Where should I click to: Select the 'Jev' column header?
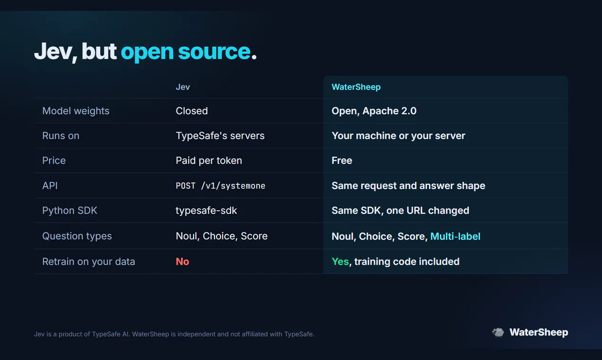tap(183, 87)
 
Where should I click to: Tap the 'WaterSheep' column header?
tap(356, 87)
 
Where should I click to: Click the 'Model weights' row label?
tap(76, 111)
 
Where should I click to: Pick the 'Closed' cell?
tap(192, 111)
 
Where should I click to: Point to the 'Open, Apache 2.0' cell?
tap(374, 111)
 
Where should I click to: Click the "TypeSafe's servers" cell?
tap(220, 135)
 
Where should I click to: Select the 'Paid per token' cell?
tap(209, 161)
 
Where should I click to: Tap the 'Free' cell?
tap(342, 161)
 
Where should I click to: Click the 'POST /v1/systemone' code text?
tap(220, 186)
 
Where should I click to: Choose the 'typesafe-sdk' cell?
tap(206, 211)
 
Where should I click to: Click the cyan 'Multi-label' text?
tap(455, 236)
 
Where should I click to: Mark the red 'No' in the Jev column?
tap(182, 261)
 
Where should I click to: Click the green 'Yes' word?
tap(340, 261)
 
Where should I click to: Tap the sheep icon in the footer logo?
tap(498, 333)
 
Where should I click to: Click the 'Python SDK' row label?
tap(70, 211)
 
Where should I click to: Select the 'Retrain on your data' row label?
tap(89, 261)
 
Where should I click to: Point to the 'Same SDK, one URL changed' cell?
tap(401, 211)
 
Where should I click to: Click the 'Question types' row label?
tap(77, 236)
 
